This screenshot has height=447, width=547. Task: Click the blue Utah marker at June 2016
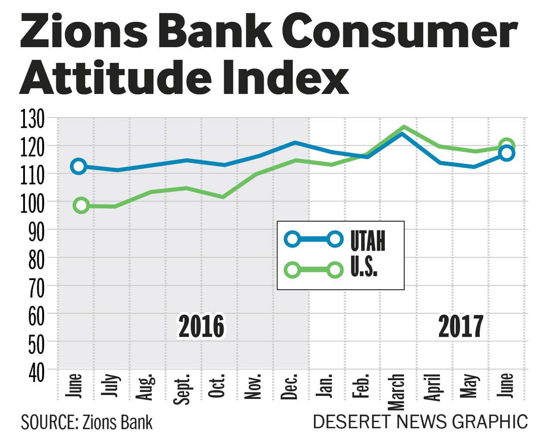78,166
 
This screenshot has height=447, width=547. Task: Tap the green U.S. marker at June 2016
81,205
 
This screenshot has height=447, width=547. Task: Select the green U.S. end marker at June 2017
507,146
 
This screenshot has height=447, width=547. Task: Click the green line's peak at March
404,127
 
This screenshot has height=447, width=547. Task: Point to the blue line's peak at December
295,142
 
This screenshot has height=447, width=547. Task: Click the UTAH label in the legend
367,241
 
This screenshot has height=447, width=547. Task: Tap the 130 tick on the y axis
33,119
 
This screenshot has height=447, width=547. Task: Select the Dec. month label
291,388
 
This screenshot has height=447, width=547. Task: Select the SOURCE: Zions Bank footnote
86,422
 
